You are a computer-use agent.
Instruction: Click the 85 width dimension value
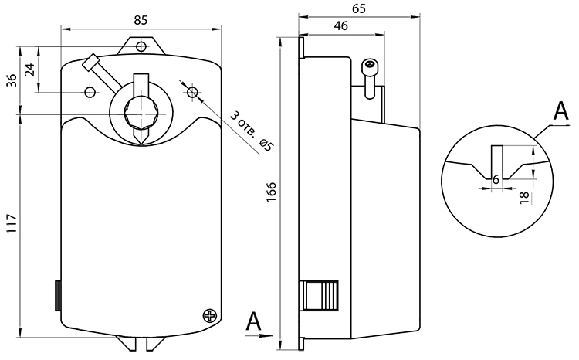click(141, 20)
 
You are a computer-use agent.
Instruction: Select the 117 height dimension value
click(12, 222)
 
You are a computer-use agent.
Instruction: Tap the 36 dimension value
click(12, 80)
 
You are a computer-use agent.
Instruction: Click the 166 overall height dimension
click(272, 192)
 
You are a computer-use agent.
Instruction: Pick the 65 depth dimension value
click(358, 8)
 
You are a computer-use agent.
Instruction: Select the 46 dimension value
click(340, 25)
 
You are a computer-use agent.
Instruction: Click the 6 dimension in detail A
click(496, 180)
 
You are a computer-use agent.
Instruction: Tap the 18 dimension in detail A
click(524, 198)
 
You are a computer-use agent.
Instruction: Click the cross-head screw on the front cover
click(210, 316)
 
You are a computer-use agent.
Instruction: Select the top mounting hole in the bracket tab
click(141, 46)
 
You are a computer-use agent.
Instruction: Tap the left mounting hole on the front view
click(90, 92)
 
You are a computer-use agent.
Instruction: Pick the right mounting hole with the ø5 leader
click(192, 92)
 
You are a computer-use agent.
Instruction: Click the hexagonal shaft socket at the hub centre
click(141, 114)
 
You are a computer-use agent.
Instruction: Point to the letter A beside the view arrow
click(254, 321)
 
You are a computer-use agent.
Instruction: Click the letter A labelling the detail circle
click(561, 110)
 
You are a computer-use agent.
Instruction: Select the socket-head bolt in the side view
click(371, 79)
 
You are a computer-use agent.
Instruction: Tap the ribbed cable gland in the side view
click(320, 295)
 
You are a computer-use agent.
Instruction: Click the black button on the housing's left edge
click(58, 295)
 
